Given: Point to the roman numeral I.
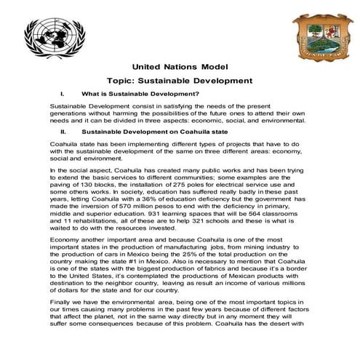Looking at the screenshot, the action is pos(64,94).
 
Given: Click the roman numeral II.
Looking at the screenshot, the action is pos(64,133).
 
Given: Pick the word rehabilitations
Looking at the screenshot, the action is pos(91,231).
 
